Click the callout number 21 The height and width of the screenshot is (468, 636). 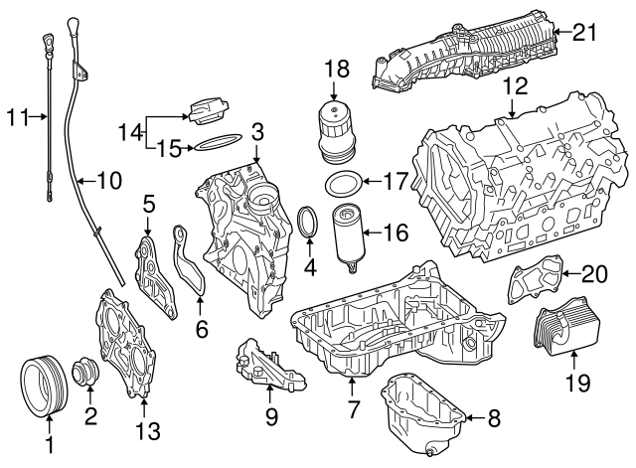(x=585, y=32)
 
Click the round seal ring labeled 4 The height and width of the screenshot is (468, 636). (x=309, y=224)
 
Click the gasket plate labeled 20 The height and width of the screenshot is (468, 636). (x=535, y=282)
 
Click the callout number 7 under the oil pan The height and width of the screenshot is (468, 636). (x=353, y=410)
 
